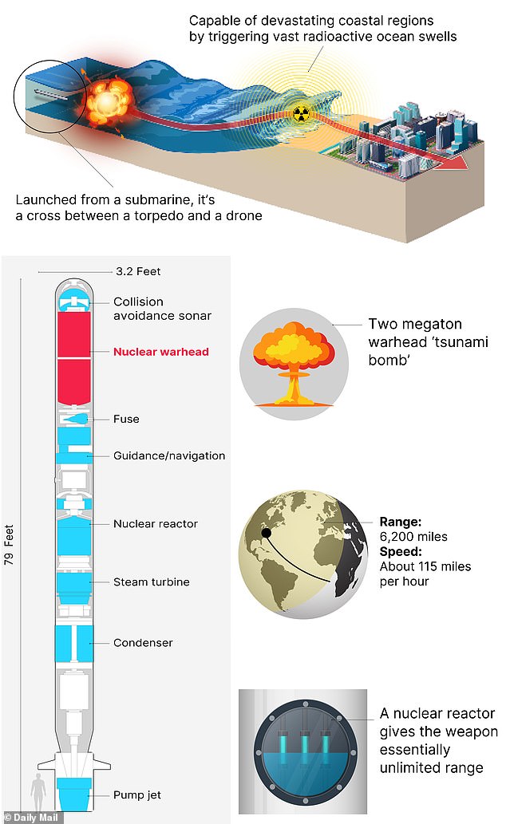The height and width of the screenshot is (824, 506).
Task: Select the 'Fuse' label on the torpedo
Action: (x=126, y=419)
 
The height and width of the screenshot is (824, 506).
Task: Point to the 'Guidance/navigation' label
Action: (x=169, y=455)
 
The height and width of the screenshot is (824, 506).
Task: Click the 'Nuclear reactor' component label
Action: (x=155, y=524)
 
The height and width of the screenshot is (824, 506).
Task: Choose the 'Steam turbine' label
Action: (x=152, y=582)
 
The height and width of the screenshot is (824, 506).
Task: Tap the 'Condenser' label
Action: (x=143, y=642)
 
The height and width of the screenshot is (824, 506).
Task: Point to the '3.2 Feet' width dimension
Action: (x=138, y=271)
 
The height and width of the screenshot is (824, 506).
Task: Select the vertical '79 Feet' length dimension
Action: (x=10, y=545)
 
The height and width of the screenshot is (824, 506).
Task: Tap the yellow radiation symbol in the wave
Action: (x=301, y=113)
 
